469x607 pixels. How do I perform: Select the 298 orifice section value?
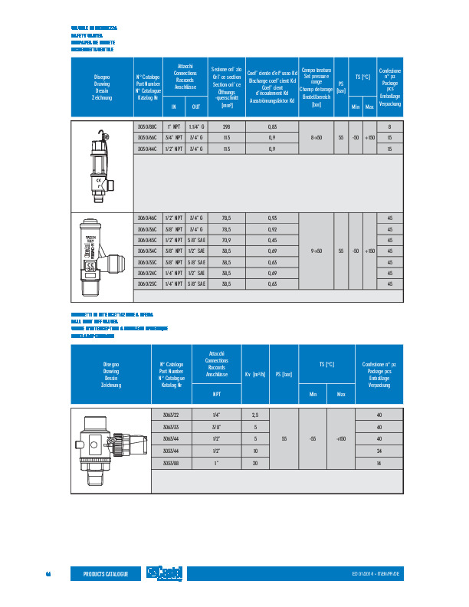click(x=226, y=126)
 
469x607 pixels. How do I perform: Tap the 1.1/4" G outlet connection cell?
click(x=195, y=126)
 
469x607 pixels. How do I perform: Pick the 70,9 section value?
click(x=226, y=240)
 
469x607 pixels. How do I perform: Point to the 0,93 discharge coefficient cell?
click(x=272, y=218)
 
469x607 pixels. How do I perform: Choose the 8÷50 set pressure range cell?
click(x=316, y=137)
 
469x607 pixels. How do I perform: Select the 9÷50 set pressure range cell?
click(x=316, y=251)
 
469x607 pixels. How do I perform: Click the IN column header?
click(x=174, y=107)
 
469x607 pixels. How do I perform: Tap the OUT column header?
click(x=195, y=107)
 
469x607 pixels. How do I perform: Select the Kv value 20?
click(x=255, y=464)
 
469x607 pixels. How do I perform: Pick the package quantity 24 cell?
click(x=379, y=451)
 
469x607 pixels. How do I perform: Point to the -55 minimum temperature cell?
click(x=313, y=439)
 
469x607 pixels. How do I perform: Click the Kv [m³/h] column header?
click(x=255, y=374)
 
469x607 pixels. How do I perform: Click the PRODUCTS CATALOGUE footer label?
click(x=106, y=574)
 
